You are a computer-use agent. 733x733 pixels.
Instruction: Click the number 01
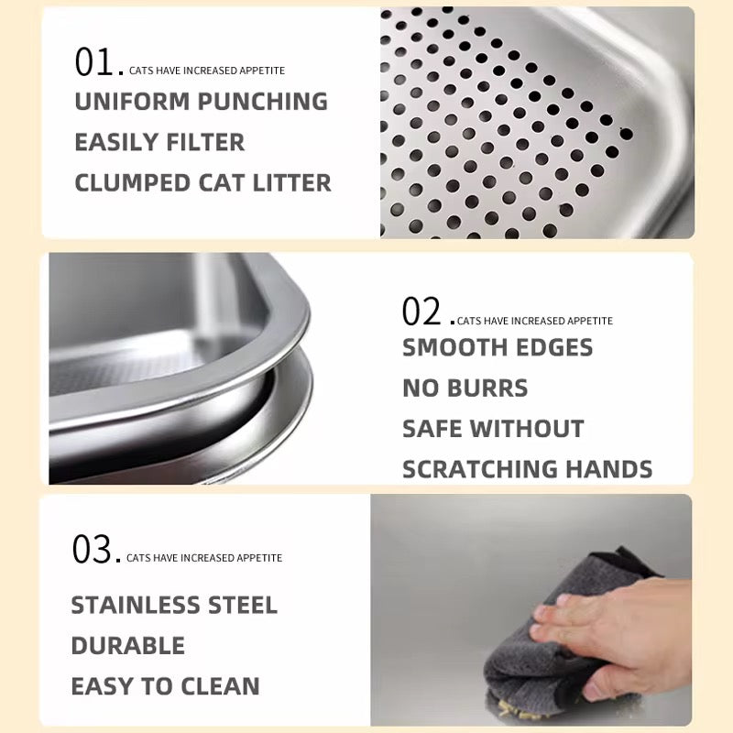tap(93, 61)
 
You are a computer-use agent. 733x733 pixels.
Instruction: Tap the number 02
tap(421, 312)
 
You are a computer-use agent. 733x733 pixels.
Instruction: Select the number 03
tap(91, 549)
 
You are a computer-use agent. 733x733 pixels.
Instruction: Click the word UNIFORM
tap(132, 102)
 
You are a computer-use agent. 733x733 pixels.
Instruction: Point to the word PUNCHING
tap(263, 102)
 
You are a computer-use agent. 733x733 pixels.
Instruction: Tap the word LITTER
tap(291, 182)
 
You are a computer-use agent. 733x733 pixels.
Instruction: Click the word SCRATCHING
tap(479, 469)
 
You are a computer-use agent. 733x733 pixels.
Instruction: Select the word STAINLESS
tap(135, 605)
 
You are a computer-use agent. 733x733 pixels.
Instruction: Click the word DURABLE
tap(127, 646)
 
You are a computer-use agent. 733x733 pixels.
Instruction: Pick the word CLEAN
tap(220, 686)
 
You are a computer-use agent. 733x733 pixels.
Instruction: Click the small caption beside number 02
tap(535, 321)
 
